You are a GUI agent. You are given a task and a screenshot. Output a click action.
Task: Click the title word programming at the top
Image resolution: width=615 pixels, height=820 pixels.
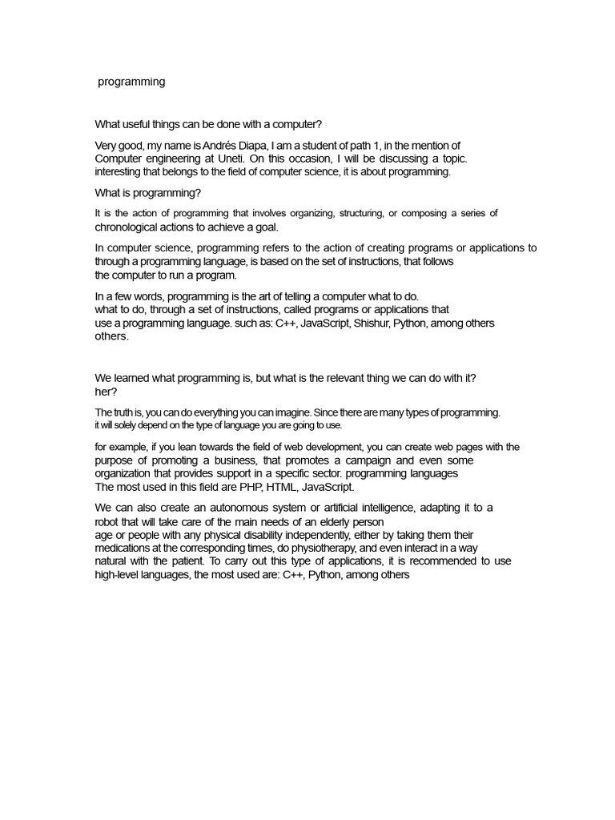pyautogui.click(x=131, y=82)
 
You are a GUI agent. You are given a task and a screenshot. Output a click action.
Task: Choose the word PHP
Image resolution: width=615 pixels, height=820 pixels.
pyautogui.click(x=219, y=487)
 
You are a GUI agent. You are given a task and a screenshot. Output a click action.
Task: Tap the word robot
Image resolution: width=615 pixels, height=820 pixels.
pyautogui.click(x=110, y=522)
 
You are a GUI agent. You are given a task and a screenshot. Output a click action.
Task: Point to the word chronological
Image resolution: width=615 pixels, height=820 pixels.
pyautogui.click(x=130, y=227)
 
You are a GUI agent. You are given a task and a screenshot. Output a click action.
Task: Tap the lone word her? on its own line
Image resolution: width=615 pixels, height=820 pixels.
pyautogui.click(x=107, y=392)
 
